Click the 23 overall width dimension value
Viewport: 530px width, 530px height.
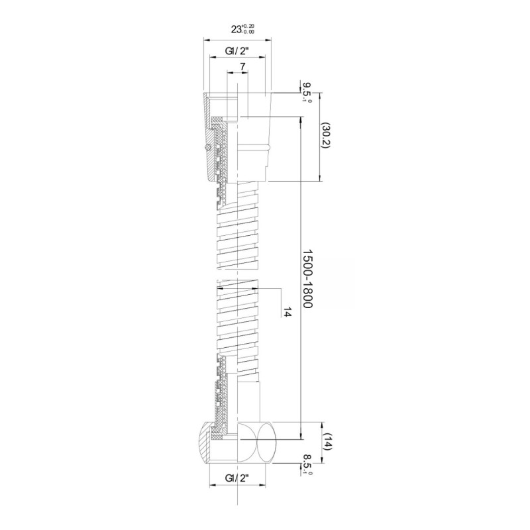tap(237, 29)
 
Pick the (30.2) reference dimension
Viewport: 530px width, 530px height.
tap(326, 136)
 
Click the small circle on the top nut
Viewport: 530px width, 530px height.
tap(208, 147)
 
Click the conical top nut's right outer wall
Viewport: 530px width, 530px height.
tap(267, 126)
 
